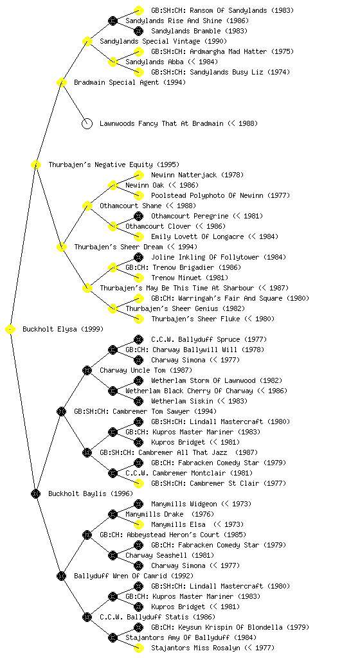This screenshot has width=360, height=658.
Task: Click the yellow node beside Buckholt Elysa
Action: coord(10,330)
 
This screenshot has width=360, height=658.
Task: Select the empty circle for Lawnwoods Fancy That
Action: coord(87,124)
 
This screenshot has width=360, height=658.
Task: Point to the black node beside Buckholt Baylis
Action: coord(35,494)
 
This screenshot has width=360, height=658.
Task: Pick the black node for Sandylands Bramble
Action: coord(138,31)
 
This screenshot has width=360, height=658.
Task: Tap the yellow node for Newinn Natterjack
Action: coord(138,175)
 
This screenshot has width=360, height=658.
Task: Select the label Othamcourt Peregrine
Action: coord(190,216)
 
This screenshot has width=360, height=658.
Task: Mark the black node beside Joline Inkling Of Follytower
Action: coord(138,257)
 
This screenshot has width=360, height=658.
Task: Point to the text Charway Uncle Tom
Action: coord(133,370)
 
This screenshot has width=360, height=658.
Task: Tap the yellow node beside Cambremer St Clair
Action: coord(138,483)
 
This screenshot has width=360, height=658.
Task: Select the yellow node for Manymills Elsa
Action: coord(138,524)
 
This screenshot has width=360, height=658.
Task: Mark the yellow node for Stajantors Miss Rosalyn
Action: coord(138,648)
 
